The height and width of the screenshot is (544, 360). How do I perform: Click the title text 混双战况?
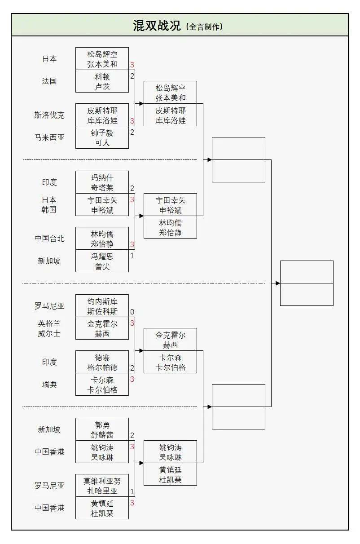pyautogui.click(x=157, y=26)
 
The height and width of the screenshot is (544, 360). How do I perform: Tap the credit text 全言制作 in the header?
pyautogui.click(x=204, y=27)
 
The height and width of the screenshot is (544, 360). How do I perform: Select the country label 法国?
pyautogui.click(x=49, y=81)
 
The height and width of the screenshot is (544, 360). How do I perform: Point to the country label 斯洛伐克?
pyautogui.click(x=49, y=115)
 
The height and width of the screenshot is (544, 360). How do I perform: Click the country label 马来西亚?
pyautogui.click(x=49, y=137)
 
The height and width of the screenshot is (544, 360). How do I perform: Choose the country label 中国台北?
pyautogui.click(x=49, y=239)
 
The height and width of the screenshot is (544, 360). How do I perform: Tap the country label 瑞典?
pyautogui.click(x=49, y=385)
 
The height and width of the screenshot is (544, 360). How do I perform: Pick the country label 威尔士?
pyautogui.click(x=49, y=334)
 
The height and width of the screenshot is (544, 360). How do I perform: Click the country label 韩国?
pyautogui.click(x=49, y=210)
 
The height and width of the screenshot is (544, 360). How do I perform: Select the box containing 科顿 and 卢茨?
pyautogui.click(x=102, y=81)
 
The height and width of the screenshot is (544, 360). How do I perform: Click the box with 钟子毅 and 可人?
pyautogui.click(x=102, y=137)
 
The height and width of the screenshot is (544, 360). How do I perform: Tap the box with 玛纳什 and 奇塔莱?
pyautogui.click(x=102, y=182)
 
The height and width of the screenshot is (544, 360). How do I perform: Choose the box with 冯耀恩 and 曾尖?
pyautogui.click(x=102, y=261)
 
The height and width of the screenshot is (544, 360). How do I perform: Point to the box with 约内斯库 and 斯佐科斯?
pyautogui.click(x=102, y=306)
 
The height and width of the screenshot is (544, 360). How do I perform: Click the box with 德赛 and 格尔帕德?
pyautogui.click(x=102, y=362)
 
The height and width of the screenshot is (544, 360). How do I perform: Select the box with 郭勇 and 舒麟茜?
pyautogui.click(x=102, y=429)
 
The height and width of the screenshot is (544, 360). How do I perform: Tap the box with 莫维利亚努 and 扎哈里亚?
pyautogui.click(x=102, y=486)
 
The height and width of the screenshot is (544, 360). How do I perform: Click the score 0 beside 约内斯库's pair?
pyautogui.click(x=132, y=312)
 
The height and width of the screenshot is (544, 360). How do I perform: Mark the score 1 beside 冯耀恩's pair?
pyautogui.click(x=132, y=256)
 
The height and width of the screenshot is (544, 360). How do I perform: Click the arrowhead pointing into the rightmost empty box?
pyautogui.click(x=278, y=283)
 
